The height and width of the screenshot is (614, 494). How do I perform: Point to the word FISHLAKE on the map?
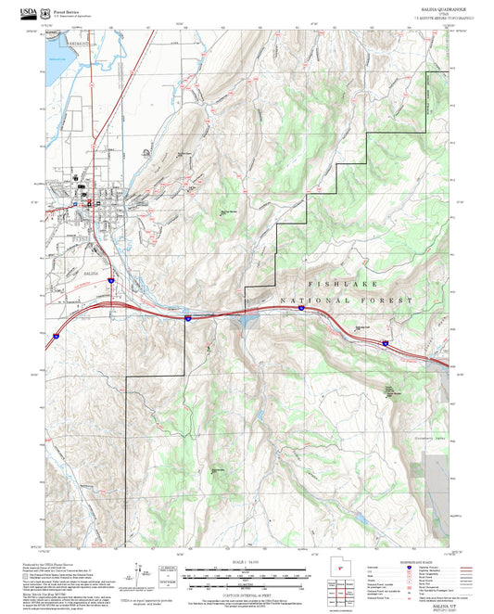pos(341,285)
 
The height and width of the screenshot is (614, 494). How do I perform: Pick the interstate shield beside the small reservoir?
pos(187,318)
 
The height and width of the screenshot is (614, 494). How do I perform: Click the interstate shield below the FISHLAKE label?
pos(303,309)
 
